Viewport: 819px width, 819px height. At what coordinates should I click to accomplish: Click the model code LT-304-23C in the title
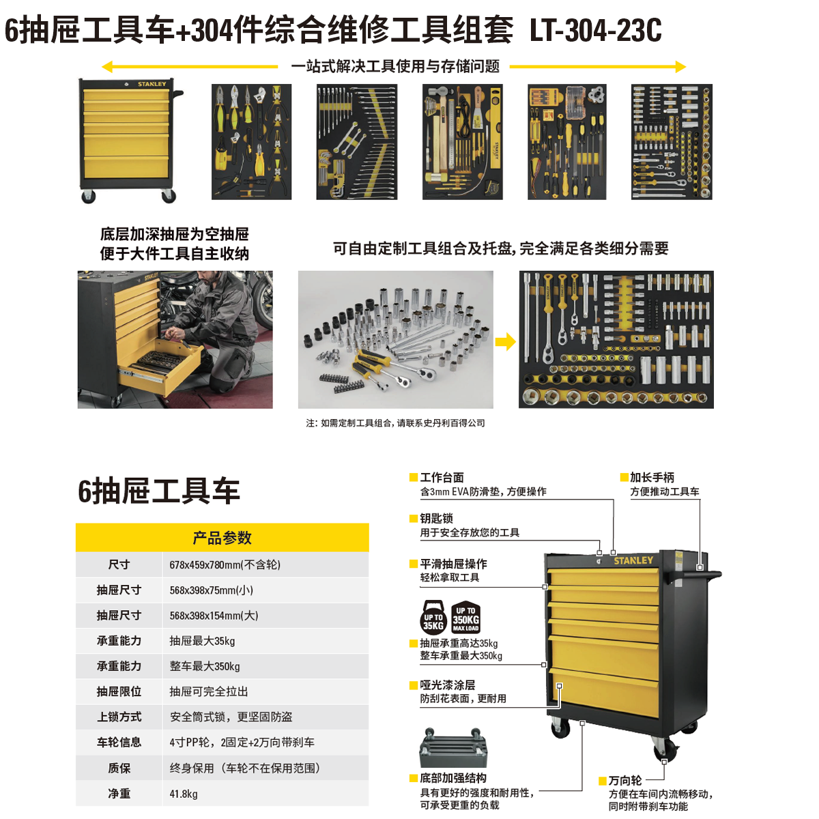click(x=595, y=30)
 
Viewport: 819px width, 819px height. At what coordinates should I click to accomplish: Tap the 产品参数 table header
click(x=222, y=538)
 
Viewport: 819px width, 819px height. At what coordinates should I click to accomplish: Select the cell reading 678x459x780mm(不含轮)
click(x=225, y=565)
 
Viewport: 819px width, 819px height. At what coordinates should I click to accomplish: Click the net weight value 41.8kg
click(x=184, y=794)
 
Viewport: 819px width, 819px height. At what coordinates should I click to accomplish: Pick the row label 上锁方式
click(x=119, y=717)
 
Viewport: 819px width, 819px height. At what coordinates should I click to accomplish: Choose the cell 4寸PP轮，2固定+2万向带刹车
click(x=242, y=743)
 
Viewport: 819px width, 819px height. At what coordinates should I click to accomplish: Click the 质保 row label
click(x=119, y=768)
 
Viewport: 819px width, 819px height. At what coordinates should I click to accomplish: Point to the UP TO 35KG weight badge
click(x=433, y=617)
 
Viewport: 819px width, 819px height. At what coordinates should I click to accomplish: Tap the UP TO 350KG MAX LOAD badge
click(x=466, y=617)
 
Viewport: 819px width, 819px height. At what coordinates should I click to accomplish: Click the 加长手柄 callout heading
click(x=652, y=477)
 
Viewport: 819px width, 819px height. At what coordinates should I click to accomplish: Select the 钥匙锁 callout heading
click(x=437, y=519)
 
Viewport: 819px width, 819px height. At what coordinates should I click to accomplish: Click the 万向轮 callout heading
click(x=625, y=781)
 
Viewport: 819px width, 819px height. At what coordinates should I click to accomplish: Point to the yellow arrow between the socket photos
click(x=506, y=341)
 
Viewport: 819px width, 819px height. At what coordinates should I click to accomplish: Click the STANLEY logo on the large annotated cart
click(x=633, y=560)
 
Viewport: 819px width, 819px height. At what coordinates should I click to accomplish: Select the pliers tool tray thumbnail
click(x=252, y=141)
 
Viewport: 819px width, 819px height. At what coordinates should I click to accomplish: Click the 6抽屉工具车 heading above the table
click(x=159, y=491)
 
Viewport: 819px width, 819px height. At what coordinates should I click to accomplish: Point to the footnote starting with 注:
click(x=395, y=423)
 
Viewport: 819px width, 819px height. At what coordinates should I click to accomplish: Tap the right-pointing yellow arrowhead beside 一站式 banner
click(x=681, y=67)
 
